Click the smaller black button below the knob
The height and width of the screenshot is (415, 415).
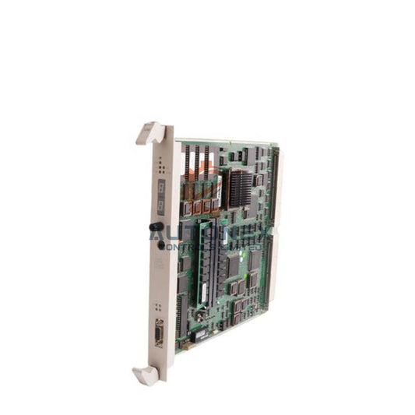162,244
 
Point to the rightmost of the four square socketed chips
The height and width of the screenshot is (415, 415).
216,205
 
